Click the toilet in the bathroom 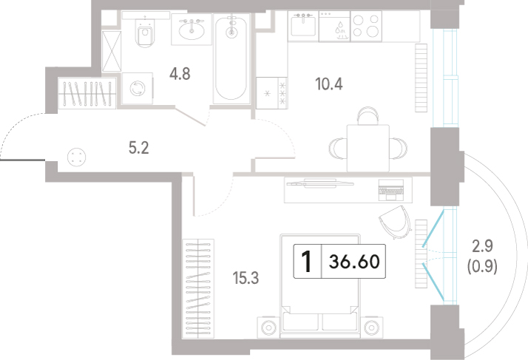click(x=146, y=31)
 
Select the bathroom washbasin click(x=192, y=30)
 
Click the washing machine click(x=137, y=89)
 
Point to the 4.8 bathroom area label click(x=180, y=73)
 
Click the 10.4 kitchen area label click(x=329, y=84)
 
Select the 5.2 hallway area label click(x=139, y=148)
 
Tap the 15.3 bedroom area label click(x=246, y=278)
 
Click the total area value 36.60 click(x=354, y=262)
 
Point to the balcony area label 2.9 click(x=483, y=246)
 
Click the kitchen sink click(x=303, y=24)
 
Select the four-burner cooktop click(x=366, y=26)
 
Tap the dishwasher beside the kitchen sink click(x=335, y=27)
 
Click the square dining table click(x=368, y=148)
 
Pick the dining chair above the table click(x=368, y=115)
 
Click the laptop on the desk click(x=391, y=190)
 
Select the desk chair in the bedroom click(x=396, y=222)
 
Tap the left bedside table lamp click(x=268, y=327)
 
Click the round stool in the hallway click(x=77, y=157)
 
